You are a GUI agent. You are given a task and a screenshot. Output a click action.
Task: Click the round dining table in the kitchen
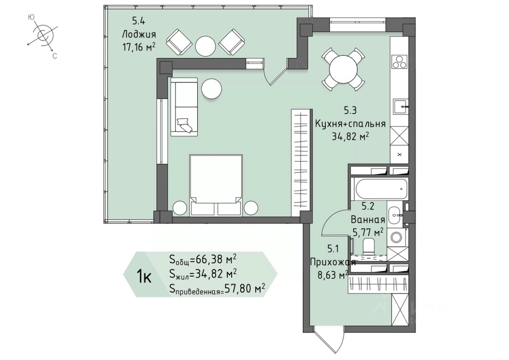click(x=343, y=69)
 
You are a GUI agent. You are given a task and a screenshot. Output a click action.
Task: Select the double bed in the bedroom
click(x=216, y=185)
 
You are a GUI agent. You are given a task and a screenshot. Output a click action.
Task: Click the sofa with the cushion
click(x=184, y=107)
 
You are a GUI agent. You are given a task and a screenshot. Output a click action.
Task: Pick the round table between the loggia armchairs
click(x=206, y=46)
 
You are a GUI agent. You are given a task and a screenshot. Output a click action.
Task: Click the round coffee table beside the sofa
click(x=212, y=89)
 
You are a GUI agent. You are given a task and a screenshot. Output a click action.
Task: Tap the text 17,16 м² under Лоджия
click(x=139, y=47)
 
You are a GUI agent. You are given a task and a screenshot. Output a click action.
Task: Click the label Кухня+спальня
click(x=350, y=124)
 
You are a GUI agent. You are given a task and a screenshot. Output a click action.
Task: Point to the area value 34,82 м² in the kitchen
click(x=350, y=137)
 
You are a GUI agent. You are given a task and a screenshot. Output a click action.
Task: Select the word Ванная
click(x=368, y=220)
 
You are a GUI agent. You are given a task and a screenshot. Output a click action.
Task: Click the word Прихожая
click(x=333, y=263)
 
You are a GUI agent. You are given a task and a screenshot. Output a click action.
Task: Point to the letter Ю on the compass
click(x=31, y=17)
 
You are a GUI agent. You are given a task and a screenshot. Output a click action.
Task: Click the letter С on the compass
click(x=54, y=56)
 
